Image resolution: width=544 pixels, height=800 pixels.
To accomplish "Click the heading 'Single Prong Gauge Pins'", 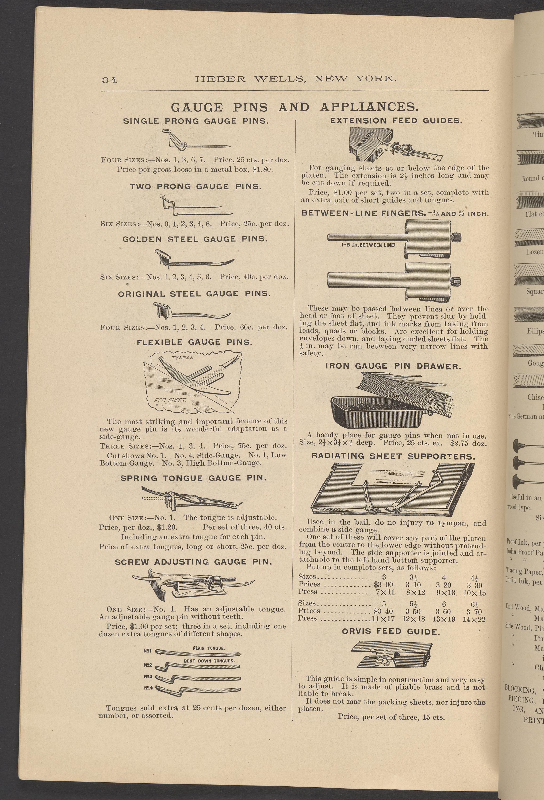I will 196,121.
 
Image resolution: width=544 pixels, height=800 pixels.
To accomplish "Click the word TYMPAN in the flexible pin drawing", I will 183,358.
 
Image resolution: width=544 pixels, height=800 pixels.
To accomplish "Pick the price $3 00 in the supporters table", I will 383,585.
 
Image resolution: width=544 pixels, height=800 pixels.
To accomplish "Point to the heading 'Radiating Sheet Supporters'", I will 393,457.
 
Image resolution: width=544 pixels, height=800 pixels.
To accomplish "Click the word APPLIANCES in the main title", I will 369,107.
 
